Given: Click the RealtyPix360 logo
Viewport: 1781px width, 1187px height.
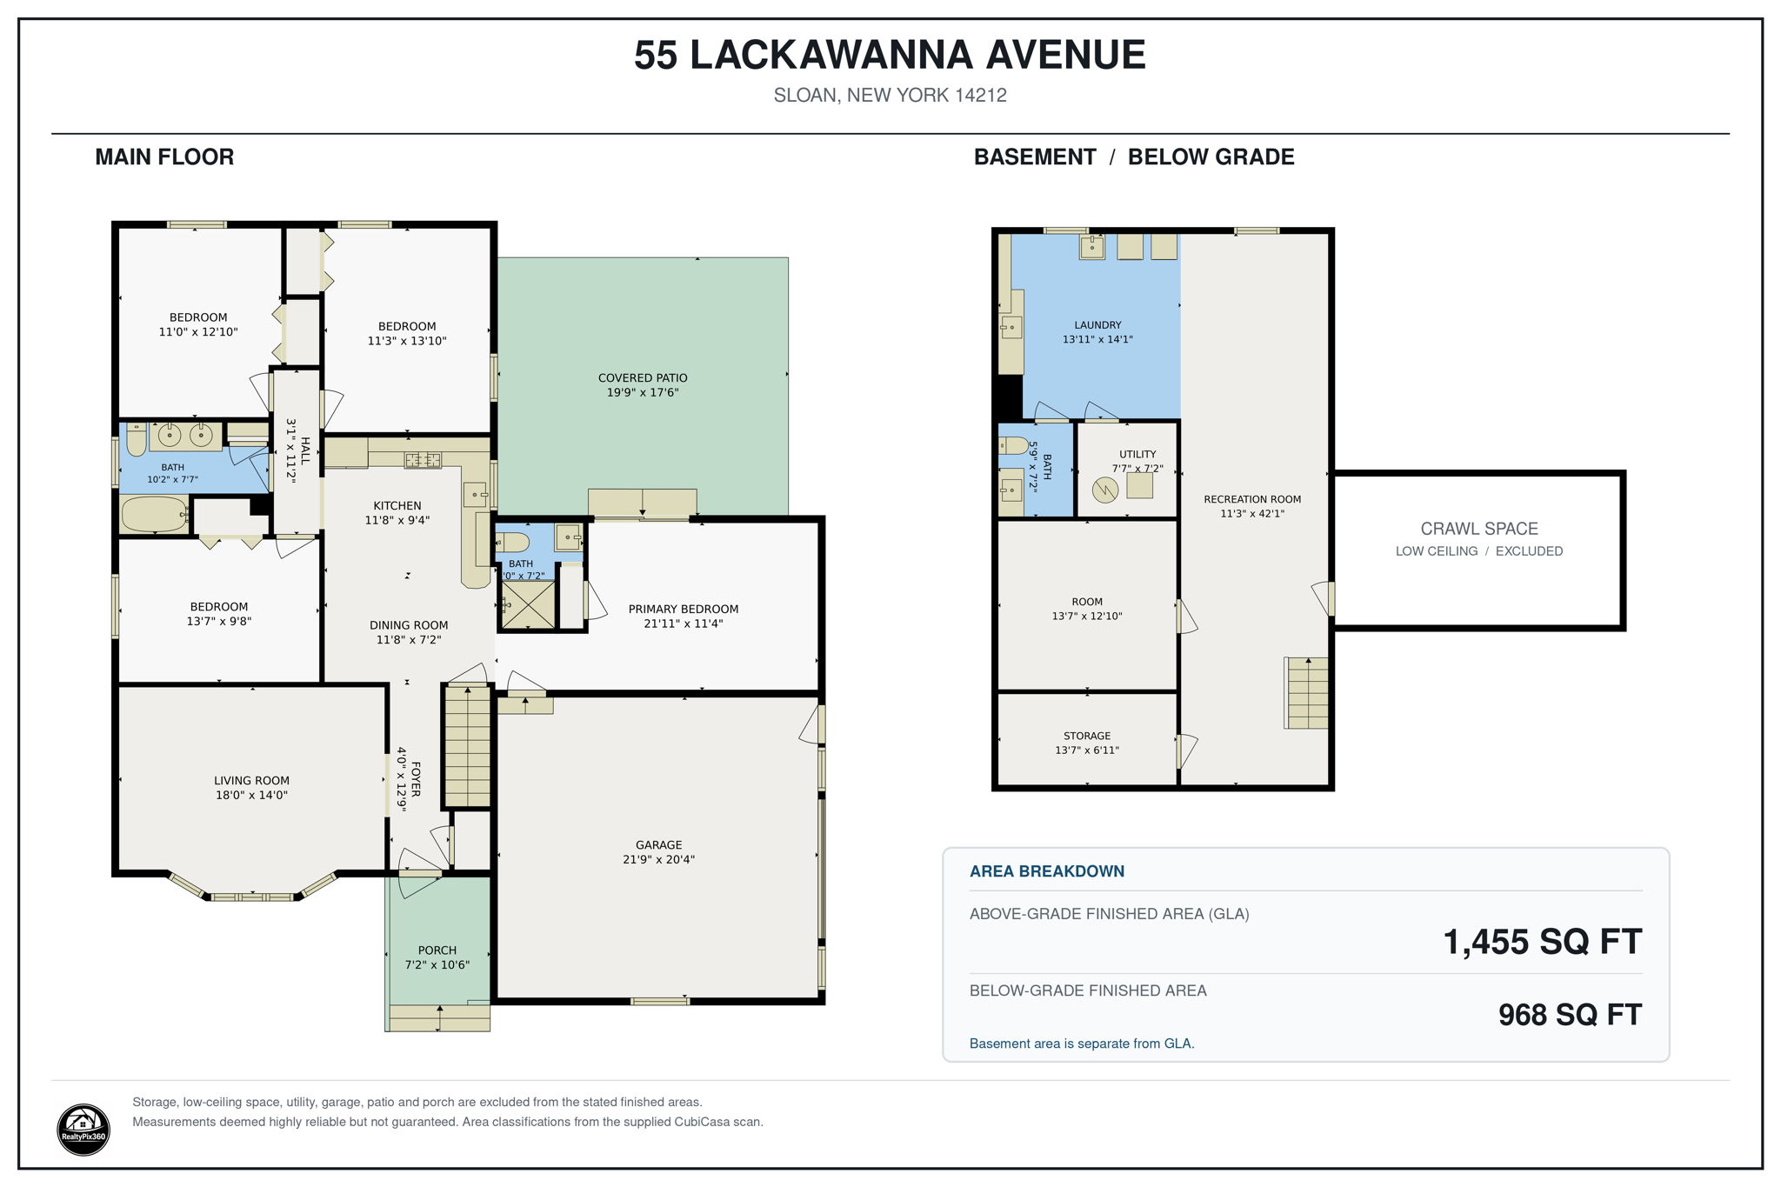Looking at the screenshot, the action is click(83, 1129).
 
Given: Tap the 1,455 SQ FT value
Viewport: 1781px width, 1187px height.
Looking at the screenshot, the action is click(1542, 942).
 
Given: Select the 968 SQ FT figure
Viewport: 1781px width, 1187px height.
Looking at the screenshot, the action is click(1570, 1015).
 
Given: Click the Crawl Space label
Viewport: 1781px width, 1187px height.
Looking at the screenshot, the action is click(1479, 529).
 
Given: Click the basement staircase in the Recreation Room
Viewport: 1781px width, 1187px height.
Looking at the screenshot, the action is click(1307, 692).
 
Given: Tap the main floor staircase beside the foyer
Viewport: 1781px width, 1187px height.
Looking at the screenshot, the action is click(468, 747).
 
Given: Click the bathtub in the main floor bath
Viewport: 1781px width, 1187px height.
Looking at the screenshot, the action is click(155, 514).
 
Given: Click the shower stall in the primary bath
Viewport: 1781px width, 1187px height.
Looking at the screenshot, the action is click(527, 604).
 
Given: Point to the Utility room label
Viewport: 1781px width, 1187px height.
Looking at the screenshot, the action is click(1137, 454).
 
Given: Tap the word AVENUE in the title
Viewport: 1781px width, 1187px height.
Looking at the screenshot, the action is click(1065, 55).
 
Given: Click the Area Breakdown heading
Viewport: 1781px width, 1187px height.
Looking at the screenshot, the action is click(1047, 871).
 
